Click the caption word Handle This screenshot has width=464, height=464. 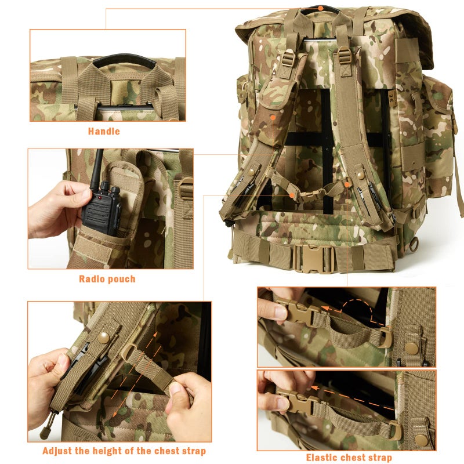pos(104,131)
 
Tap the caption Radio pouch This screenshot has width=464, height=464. pos(107,279)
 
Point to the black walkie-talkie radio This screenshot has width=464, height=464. pos(102,205)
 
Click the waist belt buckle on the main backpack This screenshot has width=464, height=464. pos(314,258)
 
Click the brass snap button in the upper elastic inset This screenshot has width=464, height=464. pos(413,349)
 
